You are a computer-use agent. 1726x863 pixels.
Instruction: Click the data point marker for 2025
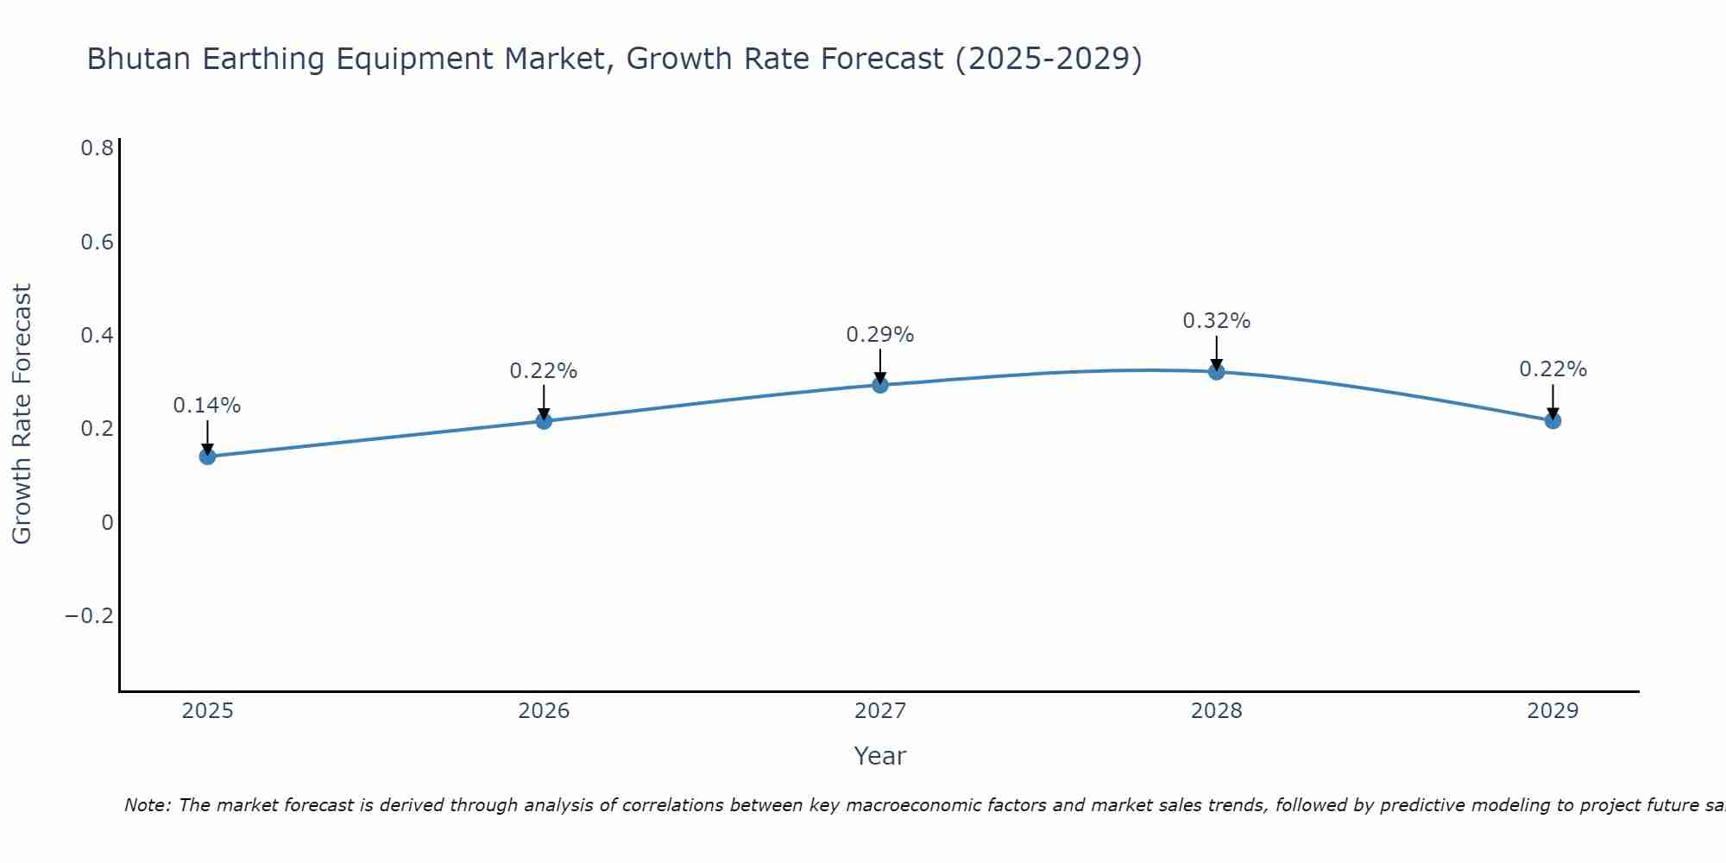[x=207, y=456]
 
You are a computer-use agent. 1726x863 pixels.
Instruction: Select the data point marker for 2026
[x=544, y=421]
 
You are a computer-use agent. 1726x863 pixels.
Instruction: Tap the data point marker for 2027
[x=880, y=385]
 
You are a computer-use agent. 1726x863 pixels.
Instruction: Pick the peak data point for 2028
[x=1217, y=372]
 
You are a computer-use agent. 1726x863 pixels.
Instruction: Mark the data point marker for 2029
[x=1553, y=421]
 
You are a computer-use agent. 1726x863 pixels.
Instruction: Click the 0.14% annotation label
[x=207, y=406]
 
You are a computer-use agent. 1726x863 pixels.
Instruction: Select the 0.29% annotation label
[x=879, y=335]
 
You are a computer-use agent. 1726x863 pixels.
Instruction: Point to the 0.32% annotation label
[x=1216, y=321]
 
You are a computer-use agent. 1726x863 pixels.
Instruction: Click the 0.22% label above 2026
[x=543, y=371]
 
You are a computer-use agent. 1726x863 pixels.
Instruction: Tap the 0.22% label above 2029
[x=1553, y=369]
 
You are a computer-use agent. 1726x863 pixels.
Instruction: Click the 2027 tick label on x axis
[x=879, y=711]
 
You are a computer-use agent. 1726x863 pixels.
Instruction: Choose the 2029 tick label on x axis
[x=1553, y=711]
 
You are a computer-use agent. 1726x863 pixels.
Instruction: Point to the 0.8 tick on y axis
[x=97, y=148]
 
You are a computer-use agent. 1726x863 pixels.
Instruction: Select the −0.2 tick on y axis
[x=89, y=616]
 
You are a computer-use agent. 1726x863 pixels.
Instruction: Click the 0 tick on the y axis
[x=107, y=523]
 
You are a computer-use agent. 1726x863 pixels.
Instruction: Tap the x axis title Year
[x=879, y=757]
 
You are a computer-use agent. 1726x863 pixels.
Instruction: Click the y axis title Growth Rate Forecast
[x=22, y=414]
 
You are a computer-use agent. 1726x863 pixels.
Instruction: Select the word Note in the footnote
[x=147, y=806]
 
